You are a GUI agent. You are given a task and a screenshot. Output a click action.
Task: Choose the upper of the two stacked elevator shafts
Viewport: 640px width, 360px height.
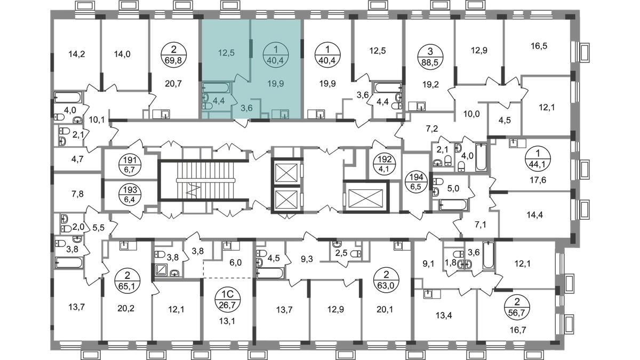tap(285, 173)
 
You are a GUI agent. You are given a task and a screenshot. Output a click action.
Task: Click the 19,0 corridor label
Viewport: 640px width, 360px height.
tap(468, 114)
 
